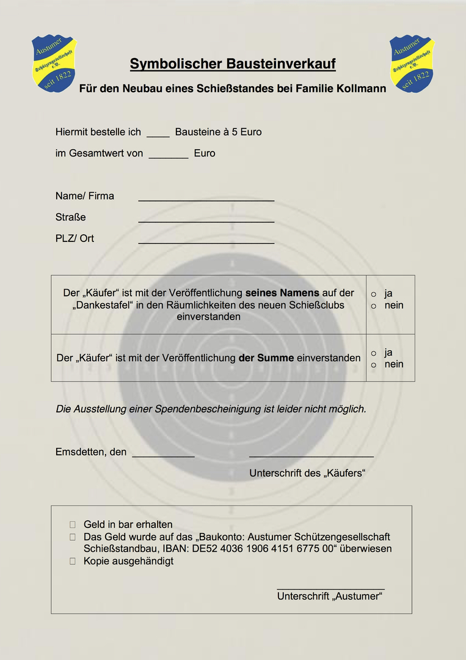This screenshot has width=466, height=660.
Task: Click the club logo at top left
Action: pyautogui.click(x=54, y=63)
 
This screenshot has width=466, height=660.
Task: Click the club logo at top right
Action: pyautogui.click(x=412, y=63)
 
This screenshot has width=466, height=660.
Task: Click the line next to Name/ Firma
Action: pyautogui.click(x=206, y=199)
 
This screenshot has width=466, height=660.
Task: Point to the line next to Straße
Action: pyautogui.click(x=206, y=221)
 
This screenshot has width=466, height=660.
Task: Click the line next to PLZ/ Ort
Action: pyautogui.click(x=206, y=242)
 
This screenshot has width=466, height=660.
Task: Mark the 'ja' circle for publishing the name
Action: pyautogui.click(x=374, y=295)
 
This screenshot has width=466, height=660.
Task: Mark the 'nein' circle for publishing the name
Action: pyautogui.click(x=374, y=306)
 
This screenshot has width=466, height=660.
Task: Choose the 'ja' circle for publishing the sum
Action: pyautogui.click(x=374, y=353)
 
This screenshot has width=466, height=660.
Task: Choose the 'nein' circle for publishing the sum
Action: pyautogui.click(x=374, y=365)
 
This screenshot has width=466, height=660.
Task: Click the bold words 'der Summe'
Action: pyautogui.click(x=266, y=358)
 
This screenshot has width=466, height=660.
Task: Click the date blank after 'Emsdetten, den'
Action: pyautogui.click(x=163, y=455)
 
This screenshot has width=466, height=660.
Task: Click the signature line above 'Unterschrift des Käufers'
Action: pyautogui.click(x=311, y=455)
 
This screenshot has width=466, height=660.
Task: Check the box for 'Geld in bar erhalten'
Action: pyautogui.click(x=73, y=524)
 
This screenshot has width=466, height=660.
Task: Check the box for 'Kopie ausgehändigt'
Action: pyautogui.click(x=73, y=561)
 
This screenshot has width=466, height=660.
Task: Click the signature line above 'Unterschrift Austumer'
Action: pyautogui.click(x=330, y=588)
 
